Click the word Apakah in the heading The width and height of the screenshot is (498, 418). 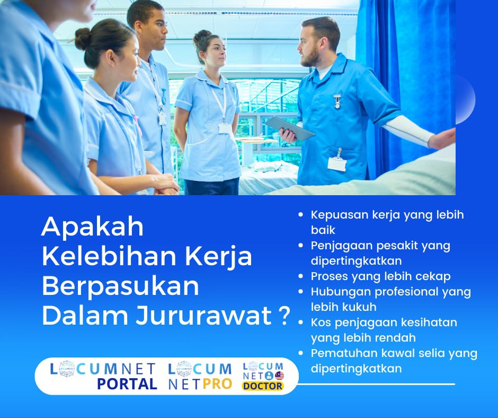click(x=92, y=228)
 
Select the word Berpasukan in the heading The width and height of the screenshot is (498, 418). click(x=120, y=286)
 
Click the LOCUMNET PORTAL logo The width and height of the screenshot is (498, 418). click(x=103, y=376)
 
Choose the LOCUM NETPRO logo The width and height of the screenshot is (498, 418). click(x=200, y=376)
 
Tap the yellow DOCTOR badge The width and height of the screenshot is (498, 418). click(x=263, y=386)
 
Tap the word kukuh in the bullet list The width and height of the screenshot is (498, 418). click(x=360, y=307)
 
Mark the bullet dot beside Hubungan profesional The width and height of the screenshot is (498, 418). click(x=301, y=292)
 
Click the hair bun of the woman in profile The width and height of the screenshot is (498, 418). click(x=83, y=38)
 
